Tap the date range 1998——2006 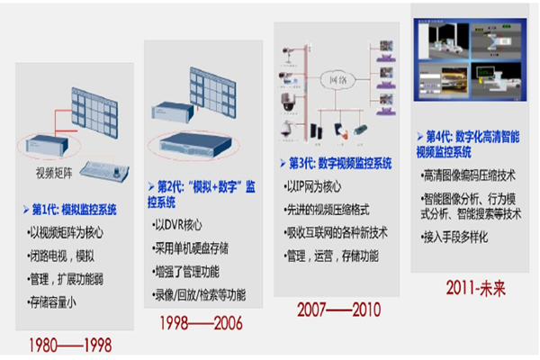point(202,321)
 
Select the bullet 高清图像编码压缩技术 point(471,175)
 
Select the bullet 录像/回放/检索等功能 point(201,294)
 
